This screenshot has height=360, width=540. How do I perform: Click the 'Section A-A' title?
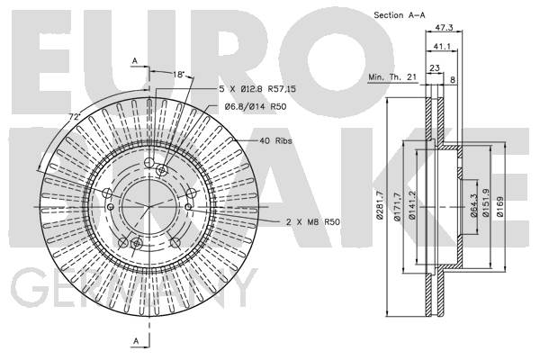(x=400, y=15)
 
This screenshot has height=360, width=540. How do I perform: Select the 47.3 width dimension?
(x=444, y=28)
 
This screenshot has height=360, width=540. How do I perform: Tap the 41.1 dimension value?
(x=442, y=46)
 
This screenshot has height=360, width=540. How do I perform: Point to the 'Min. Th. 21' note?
(x=392, y=76)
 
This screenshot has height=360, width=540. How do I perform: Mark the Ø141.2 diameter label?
(x=412, y=205)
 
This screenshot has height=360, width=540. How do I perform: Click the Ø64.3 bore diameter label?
(x=473, y=205)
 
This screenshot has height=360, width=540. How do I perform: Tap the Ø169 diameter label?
(x=499, y=206)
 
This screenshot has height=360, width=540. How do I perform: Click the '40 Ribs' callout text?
(x=275, y=140)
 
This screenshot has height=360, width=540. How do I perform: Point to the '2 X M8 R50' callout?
(x=312, y=222)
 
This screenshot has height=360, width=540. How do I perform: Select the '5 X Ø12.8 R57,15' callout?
(x=257, y=89)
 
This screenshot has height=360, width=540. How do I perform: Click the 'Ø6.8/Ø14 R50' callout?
(x=256, y=107)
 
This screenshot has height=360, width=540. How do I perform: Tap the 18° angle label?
(x=179, y=74)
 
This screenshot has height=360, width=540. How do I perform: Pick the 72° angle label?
(x=75, y=117)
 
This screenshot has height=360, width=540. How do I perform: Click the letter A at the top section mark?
(x=135, y=61)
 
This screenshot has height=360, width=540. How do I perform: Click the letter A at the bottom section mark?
(x=137, y=341)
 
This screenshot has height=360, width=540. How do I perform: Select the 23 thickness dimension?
(x=435, y=67)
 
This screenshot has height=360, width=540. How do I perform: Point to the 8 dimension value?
(x=453, y=80)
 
